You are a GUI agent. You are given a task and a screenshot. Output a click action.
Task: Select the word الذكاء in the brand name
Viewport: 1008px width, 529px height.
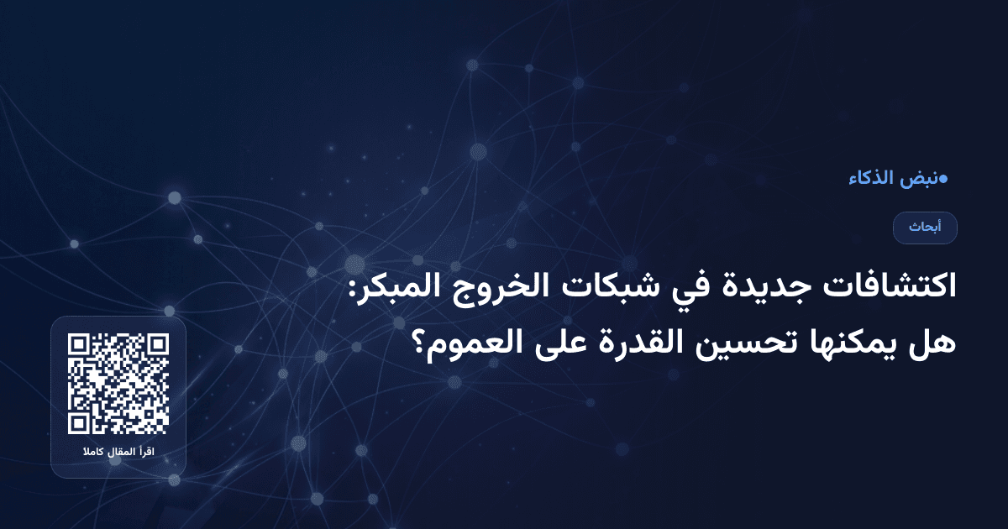click(874, 178)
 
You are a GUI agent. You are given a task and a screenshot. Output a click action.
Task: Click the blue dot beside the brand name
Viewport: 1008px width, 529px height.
click(943, 178)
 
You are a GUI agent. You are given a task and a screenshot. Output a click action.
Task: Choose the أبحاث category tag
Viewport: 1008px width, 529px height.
click(925, 228)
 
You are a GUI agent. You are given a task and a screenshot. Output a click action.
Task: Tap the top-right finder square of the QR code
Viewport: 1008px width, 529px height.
click(157, 345)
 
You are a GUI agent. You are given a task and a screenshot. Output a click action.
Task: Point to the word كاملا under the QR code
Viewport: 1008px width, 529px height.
click(92, 453)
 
